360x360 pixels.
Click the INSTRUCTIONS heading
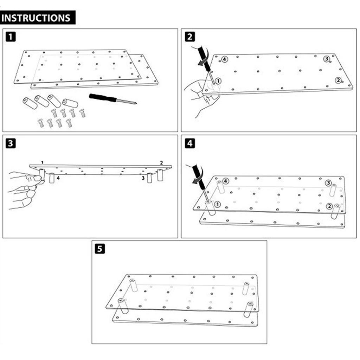point(38,18)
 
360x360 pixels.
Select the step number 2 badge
point(190,37)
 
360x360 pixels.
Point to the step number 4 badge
point(190,143)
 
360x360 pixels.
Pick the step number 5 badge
point(100,249)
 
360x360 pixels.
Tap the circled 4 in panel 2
point(225,59)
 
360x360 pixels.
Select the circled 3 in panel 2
point(327,59)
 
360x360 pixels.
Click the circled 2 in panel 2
point(338,81)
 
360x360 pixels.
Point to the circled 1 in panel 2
point(218,81)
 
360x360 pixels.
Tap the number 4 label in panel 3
point(58,178)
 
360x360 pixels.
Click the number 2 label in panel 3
point(161,163)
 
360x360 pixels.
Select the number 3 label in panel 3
point(143,178)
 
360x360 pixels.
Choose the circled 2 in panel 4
point(329,206)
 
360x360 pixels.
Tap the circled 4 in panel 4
point(226,181)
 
